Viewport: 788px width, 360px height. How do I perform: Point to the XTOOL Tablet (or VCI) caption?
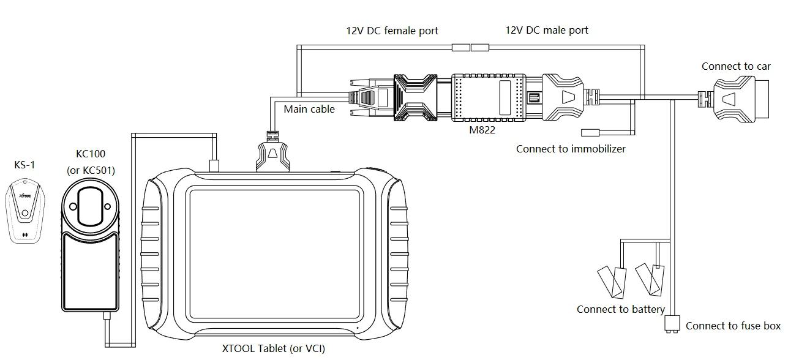[273, 349]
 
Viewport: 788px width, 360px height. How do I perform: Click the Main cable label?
[309, 109]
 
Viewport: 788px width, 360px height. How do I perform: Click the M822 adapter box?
[489, 97]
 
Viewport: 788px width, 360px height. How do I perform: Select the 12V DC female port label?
[392, 31]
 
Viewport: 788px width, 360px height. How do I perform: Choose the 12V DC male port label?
[547, 30]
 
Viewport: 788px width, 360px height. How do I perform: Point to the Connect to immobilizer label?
[571, 149]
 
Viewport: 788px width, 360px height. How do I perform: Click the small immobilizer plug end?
[589, 132]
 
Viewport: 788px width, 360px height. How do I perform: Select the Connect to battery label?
[620, 309]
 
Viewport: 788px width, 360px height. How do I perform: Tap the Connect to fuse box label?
[733, 326]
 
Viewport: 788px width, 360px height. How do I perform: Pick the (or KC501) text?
[91, 170]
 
